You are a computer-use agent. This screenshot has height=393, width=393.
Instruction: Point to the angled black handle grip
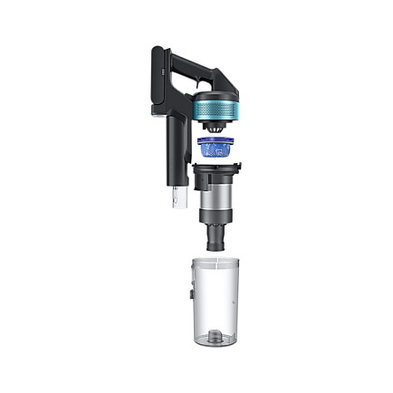tap(195, 64)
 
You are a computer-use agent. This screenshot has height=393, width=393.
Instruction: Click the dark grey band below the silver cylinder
tap(216, 216)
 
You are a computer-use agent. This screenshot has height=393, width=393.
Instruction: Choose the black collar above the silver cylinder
tap(216, 169)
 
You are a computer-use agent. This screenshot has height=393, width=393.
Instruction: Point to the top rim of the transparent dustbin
tap(218, 260)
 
